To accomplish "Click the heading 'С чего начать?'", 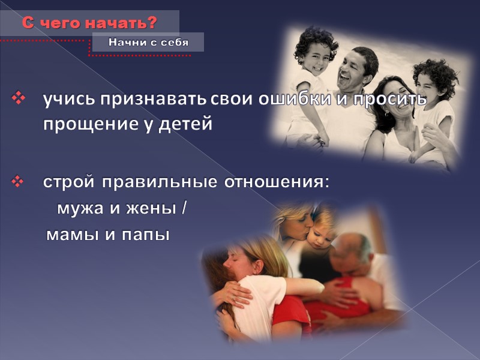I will pos(89,23).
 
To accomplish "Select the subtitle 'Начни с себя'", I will pos(148,42).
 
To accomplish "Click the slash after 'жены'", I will pos(184,209).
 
